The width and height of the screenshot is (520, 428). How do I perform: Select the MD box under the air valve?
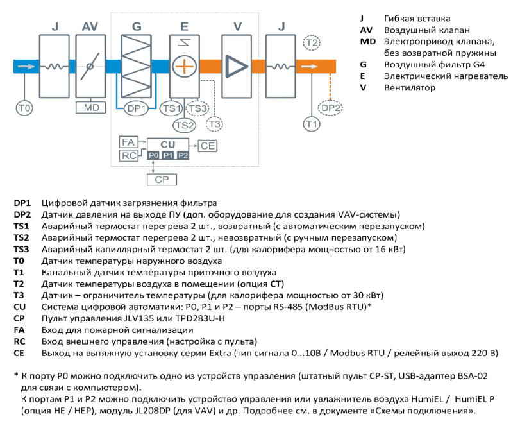(90, 108)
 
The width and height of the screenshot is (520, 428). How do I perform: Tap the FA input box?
(128, 142)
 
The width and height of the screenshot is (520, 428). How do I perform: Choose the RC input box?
(128, 155)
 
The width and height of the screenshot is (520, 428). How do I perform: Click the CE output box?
(208, 146)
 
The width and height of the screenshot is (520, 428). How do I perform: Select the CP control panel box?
(162, 180)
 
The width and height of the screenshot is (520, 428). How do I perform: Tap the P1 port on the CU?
(168, 155)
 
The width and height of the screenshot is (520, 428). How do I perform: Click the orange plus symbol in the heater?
(185, 66)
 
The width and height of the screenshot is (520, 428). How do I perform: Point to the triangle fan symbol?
(236, 66)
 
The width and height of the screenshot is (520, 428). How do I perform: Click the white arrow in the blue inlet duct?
(26, 67)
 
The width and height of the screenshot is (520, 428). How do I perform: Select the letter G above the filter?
(137, 26)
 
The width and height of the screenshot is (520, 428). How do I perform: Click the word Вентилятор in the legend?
(410, 88)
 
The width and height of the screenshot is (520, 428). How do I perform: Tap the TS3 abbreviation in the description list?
(21, 249)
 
